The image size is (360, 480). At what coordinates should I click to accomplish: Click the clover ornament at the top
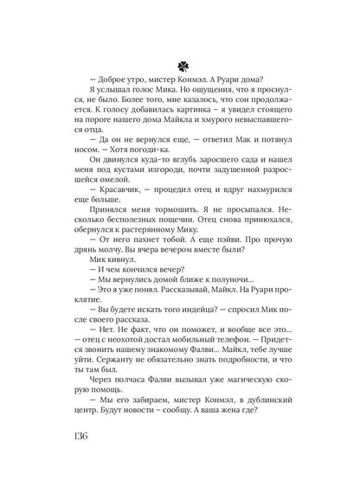[x=179, y=65]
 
